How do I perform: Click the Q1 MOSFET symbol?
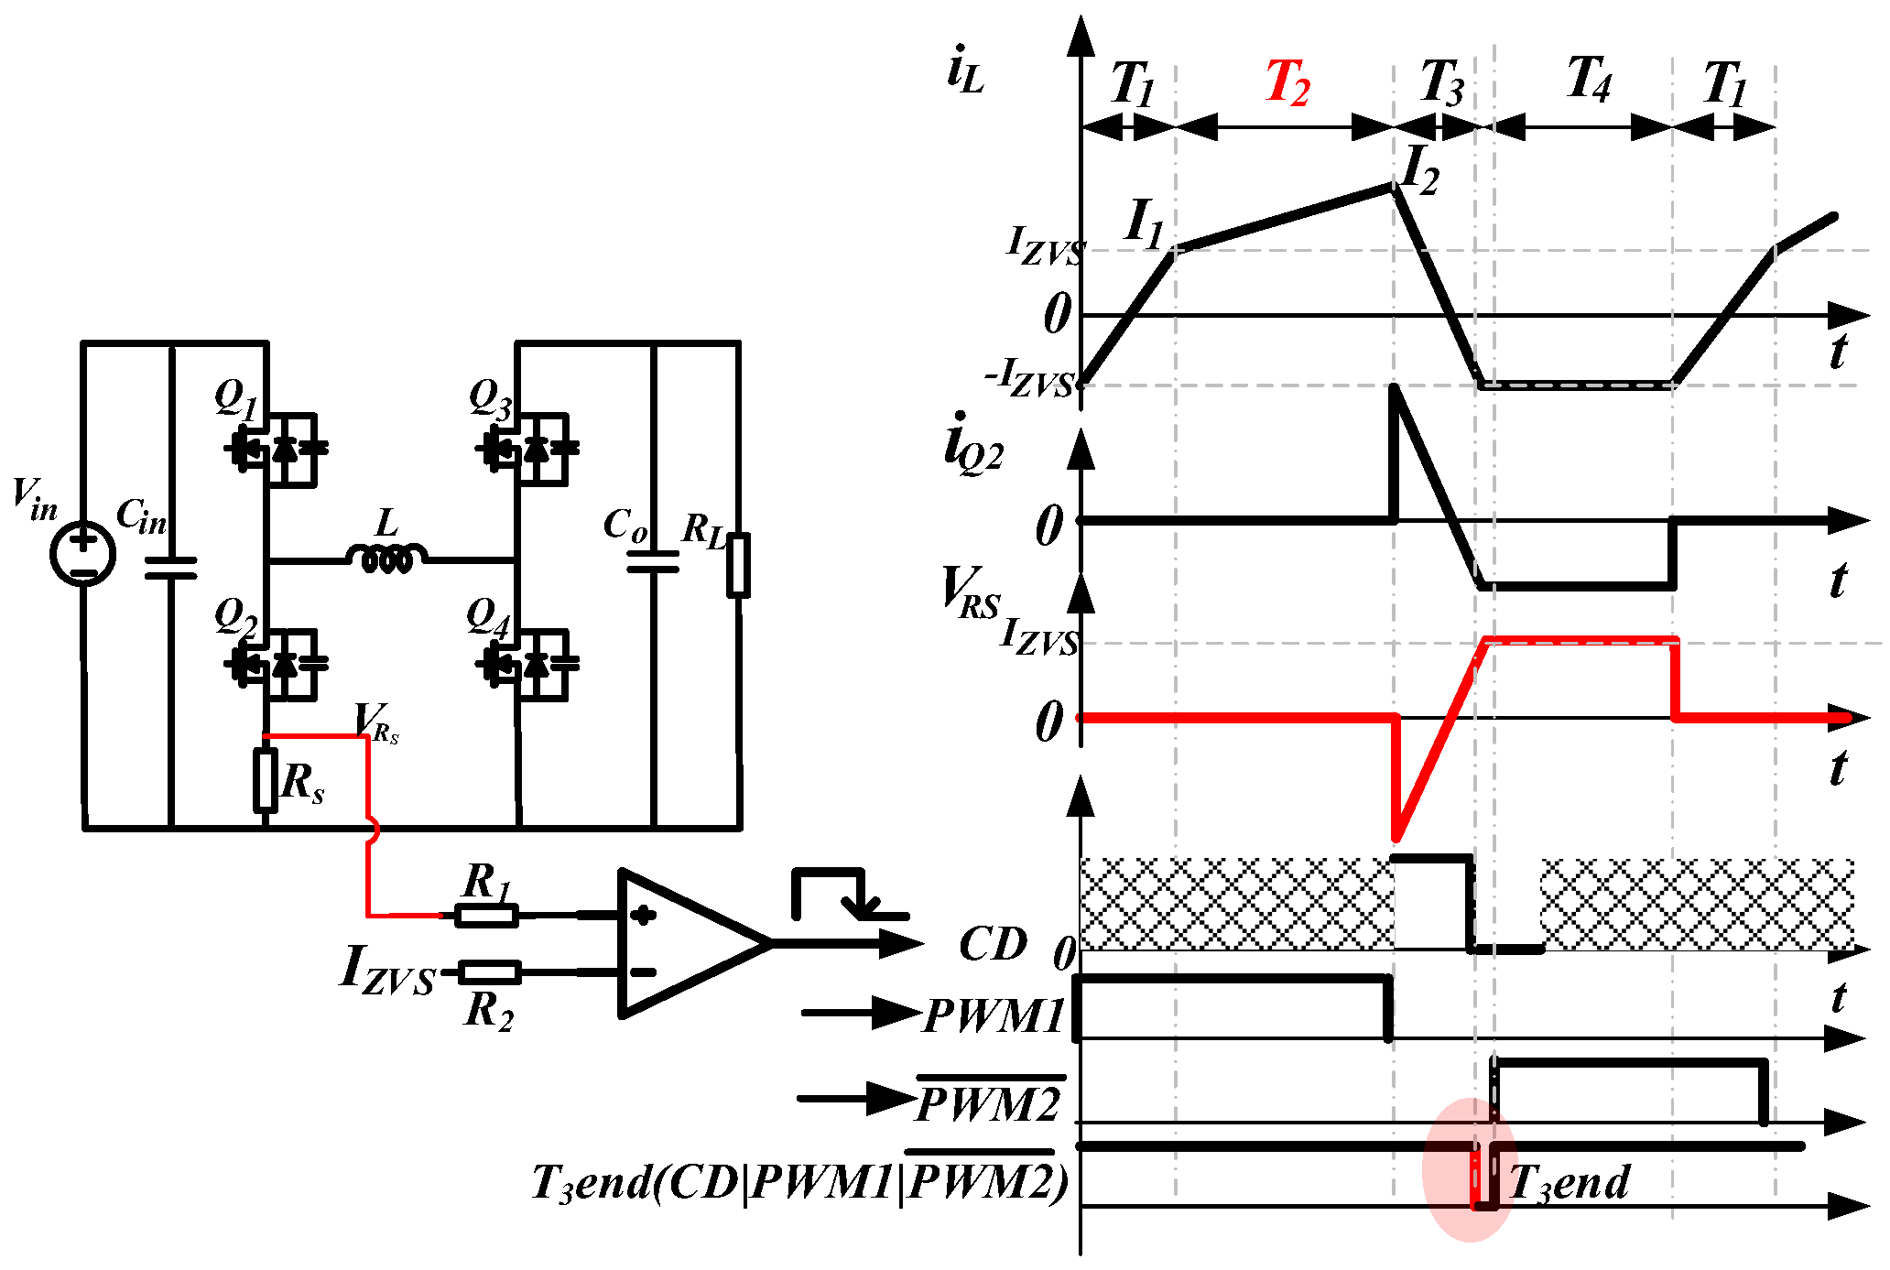pyautogui.click(x=275, y=448)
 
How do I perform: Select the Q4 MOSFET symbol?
pyautogui.click(x=527, y=663)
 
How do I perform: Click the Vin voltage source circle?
pyautogui.click(x=83, y=553)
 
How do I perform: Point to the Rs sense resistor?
pyautogui.click(x=266, y=779)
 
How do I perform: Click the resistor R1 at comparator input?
pyautogui.click(x=486, y=914)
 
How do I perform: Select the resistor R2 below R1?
pyautogui.click(x=490, y=972)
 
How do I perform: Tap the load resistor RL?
pyautogui.click(x=738, y=565)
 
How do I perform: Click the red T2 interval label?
pyautogui.click(x=1287, y=83)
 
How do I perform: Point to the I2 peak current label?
pyautogui.click(x=1420, y=169)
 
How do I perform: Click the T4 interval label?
pyautogui.click(x=1588, y=79)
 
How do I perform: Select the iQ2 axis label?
pyautogui.click(x=973, y=444)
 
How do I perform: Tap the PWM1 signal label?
pyautogui.click(x=994, y=1015)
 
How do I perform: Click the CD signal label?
pyautogui.click(x=993, y=944)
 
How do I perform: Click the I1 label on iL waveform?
pyautogui.click(x=1144, y=223)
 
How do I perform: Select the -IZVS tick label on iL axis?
pyautogui.click(x=1030, y=378)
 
